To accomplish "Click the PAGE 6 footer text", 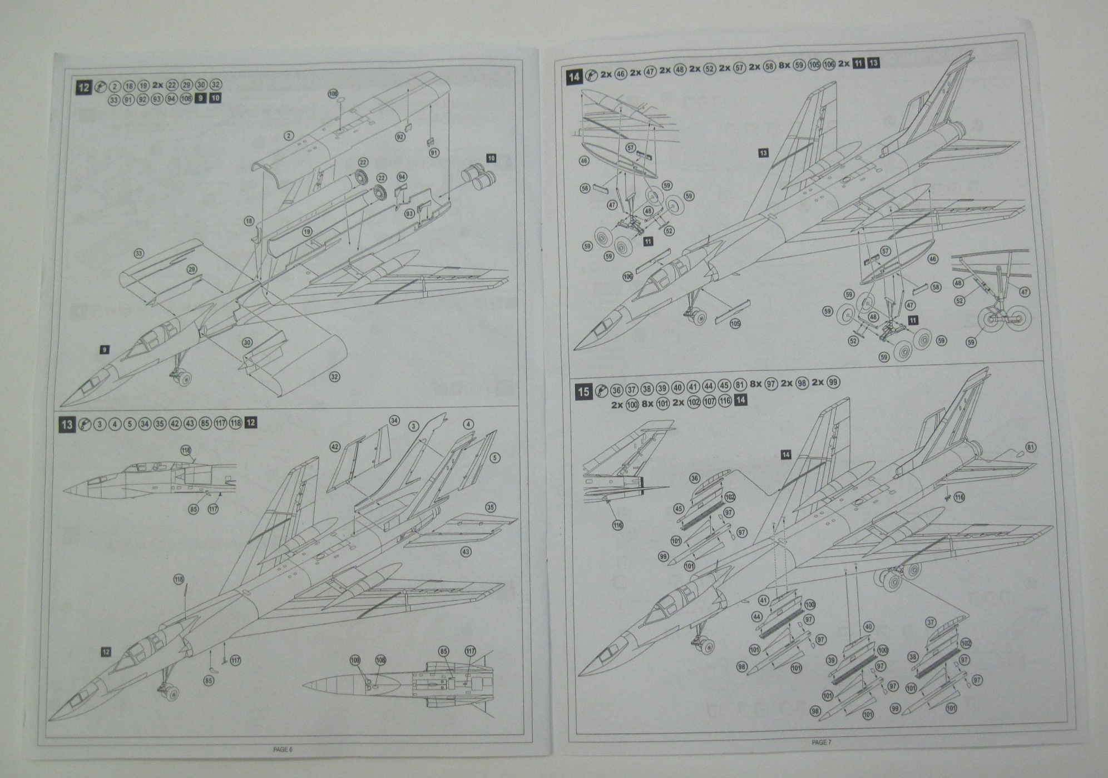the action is tap(282, 749).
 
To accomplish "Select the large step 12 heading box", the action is tap(84, 87).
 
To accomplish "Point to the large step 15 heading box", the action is tap(583, 391).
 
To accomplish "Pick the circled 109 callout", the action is tap(355, 660).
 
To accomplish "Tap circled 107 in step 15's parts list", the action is tap(710, 401).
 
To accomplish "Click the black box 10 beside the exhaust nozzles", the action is tap(491, 158).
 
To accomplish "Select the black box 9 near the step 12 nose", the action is tap(104, 350).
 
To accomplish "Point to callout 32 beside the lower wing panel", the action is tap(334, 377).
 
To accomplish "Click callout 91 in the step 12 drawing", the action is tap(434, 152).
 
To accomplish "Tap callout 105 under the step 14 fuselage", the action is tap(735, 323).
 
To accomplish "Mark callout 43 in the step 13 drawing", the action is tap(466, 551).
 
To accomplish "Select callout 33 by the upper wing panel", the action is tap(139, 253).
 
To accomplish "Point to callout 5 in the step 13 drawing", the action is tap(494, 458).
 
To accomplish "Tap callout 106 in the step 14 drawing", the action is tap(628, 276).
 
